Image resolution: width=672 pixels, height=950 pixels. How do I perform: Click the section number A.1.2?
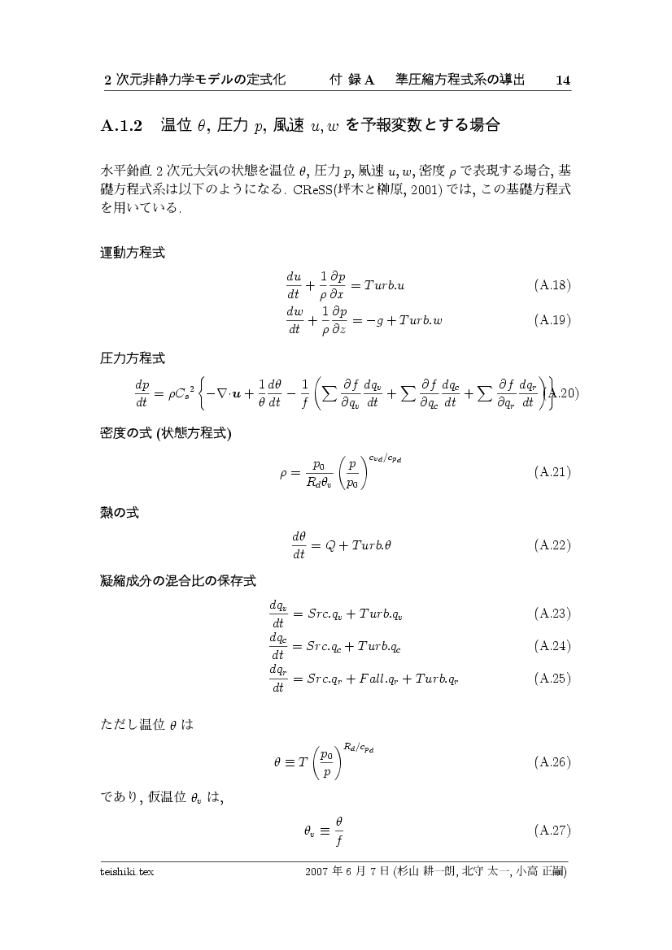[x=122, y=126]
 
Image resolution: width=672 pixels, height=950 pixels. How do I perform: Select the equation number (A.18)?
[x=552, y=285]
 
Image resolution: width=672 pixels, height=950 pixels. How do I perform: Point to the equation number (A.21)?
[x=552, y=471]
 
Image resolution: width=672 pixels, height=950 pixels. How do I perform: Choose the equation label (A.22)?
[x=552, y=545]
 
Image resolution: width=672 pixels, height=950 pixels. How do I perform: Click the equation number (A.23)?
[x=552, y=613]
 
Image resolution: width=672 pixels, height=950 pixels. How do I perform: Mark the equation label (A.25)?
[x=552, y=678]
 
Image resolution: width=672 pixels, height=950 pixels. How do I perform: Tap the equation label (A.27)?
[x=552, y=831]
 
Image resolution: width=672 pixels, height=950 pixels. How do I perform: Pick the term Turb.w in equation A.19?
[x=422, y=320]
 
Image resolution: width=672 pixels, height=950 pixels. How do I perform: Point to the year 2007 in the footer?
[x=316, y=873]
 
